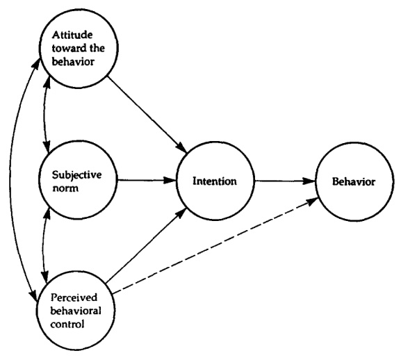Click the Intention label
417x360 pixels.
(x=215, y=181)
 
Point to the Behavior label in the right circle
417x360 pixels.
(x=353, y=181)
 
